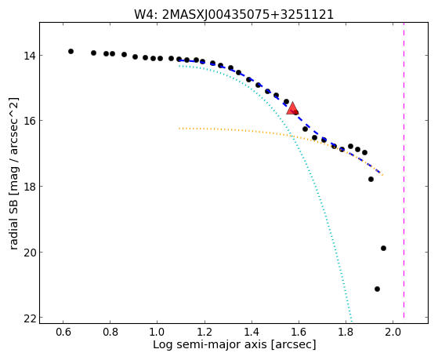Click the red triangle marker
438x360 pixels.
292,108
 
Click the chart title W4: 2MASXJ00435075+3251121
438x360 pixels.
233,14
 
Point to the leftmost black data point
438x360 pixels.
71,51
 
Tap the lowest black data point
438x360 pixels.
377,289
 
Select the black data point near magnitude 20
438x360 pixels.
383,248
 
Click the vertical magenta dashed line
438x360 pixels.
404,170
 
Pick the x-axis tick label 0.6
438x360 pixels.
63,333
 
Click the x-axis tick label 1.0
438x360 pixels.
157,333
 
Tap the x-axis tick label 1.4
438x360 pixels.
252,333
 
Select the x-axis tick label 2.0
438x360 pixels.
393,333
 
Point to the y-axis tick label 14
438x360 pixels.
30,56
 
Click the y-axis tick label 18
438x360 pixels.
30,187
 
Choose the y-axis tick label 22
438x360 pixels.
30,318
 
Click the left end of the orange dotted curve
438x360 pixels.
179,129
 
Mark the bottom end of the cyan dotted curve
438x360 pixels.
352,322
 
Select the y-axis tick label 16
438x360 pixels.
30,121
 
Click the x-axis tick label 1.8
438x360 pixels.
346,333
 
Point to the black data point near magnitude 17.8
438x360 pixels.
371,179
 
